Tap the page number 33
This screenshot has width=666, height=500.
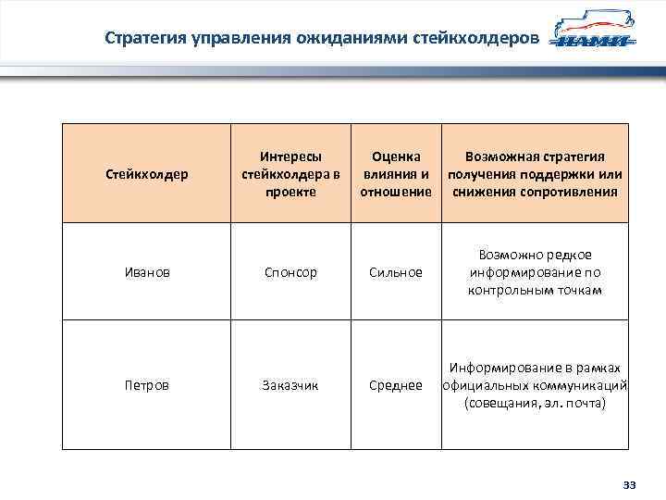631,485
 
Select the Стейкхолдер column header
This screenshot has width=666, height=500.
146,174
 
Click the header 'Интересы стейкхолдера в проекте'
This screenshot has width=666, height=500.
290,174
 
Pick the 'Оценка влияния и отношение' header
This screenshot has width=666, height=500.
396,174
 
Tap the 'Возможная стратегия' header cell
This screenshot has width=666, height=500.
536,174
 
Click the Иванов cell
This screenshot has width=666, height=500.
146,272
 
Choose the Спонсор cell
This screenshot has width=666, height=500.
290,272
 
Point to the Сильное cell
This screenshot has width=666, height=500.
396,272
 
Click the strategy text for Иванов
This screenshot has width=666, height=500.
536,272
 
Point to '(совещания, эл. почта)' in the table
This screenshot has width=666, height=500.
536,404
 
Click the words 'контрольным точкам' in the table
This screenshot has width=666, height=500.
536,290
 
